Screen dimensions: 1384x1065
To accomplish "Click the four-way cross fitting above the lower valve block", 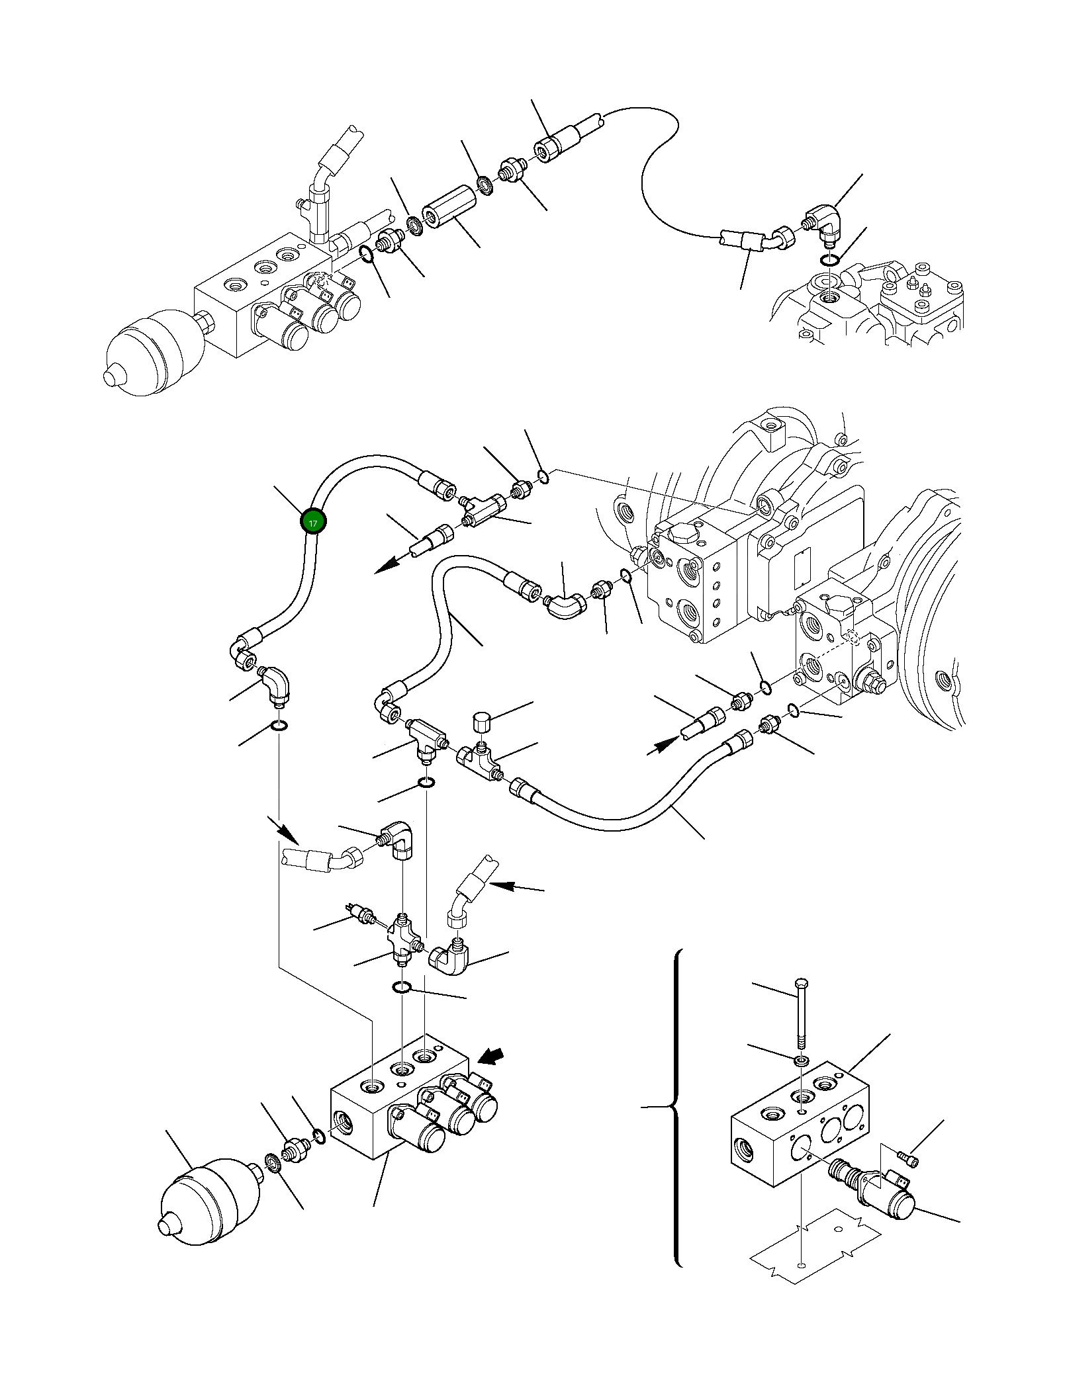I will coord(402,935).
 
